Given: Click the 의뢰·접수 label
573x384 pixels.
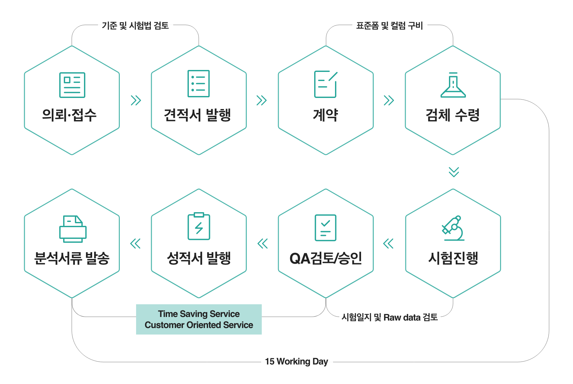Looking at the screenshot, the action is point(69,115).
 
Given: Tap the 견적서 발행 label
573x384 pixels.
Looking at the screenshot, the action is point(197,115).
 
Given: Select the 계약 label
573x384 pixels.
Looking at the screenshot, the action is point(326,115).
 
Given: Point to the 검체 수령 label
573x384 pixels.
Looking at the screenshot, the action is point(453,115).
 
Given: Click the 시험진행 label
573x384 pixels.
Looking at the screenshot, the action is point(453,258).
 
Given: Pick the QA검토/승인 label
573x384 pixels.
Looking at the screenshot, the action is point(326,258).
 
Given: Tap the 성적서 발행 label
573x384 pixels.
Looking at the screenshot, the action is point(199,258).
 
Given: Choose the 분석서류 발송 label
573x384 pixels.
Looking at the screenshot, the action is point(72,258).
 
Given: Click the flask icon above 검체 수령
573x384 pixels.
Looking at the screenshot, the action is point(453,85).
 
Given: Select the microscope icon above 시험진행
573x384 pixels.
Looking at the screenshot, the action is point(453,228).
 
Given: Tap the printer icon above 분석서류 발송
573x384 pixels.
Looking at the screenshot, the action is point(73,229).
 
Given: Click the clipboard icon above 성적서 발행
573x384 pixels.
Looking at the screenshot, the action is point(199,226).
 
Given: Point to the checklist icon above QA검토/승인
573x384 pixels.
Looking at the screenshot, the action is point(326,228).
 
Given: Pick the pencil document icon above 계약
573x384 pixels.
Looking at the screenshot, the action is point(326,84).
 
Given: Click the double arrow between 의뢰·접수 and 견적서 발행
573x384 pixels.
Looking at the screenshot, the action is point(136,100).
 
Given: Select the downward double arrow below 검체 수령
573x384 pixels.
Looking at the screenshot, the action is point(454,172).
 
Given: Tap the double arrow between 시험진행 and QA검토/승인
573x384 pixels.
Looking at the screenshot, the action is point(388,243).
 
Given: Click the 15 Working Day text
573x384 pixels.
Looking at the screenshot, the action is point(297,362).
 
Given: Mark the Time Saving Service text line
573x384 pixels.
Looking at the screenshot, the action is point(199,314).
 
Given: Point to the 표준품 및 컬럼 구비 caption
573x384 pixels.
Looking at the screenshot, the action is point(389,25).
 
